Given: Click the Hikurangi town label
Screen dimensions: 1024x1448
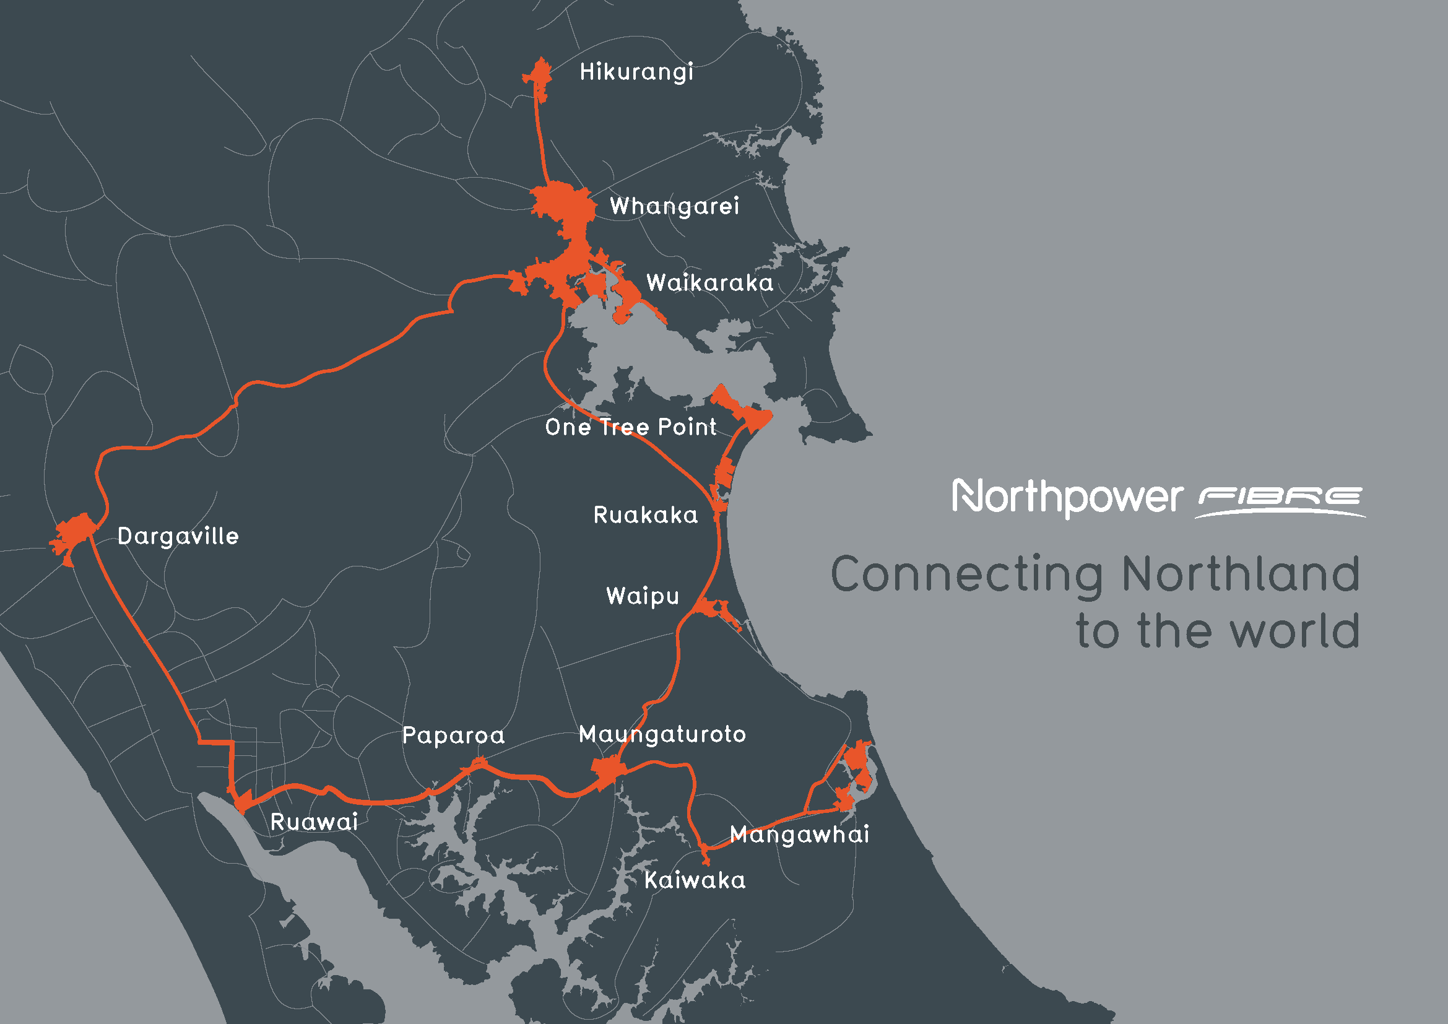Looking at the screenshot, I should [636, 72].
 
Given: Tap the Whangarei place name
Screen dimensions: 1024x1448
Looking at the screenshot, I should [674, 206].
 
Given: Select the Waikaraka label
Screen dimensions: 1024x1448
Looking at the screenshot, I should [709, 282].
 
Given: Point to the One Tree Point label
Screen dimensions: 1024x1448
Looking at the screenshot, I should [631, 427].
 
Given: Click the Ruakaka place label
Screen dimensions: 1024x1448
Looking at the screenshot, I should [646, 514].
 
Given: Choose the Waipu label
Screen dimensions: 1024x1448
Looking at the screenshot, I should [643, 596].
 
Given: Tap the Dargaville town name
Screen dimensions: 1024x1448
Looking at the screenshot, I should [178, 536].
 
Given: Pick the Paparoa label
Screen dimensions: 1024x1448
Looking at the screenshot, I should [453, 735].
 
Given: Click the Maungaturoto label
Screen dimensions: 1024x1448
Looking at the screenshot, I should [662, 734].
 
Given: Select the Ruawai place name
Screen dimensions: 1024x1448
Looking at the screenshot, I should [314, 822].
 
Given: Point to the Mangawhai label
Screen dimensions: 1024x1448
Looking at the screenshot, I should [799, 834].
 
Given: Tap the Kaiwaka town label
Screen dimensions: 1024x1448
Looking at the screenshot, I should [695, 880].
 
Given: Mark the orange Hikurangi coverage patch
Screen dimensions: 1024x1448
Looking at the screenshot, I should [540, 76].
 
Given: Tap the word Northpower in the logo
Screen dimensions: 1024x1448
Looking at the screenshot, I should [1067, 498].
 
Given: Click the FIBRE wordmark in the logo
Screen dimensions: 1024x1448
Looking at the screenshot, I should [1280, 498].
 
